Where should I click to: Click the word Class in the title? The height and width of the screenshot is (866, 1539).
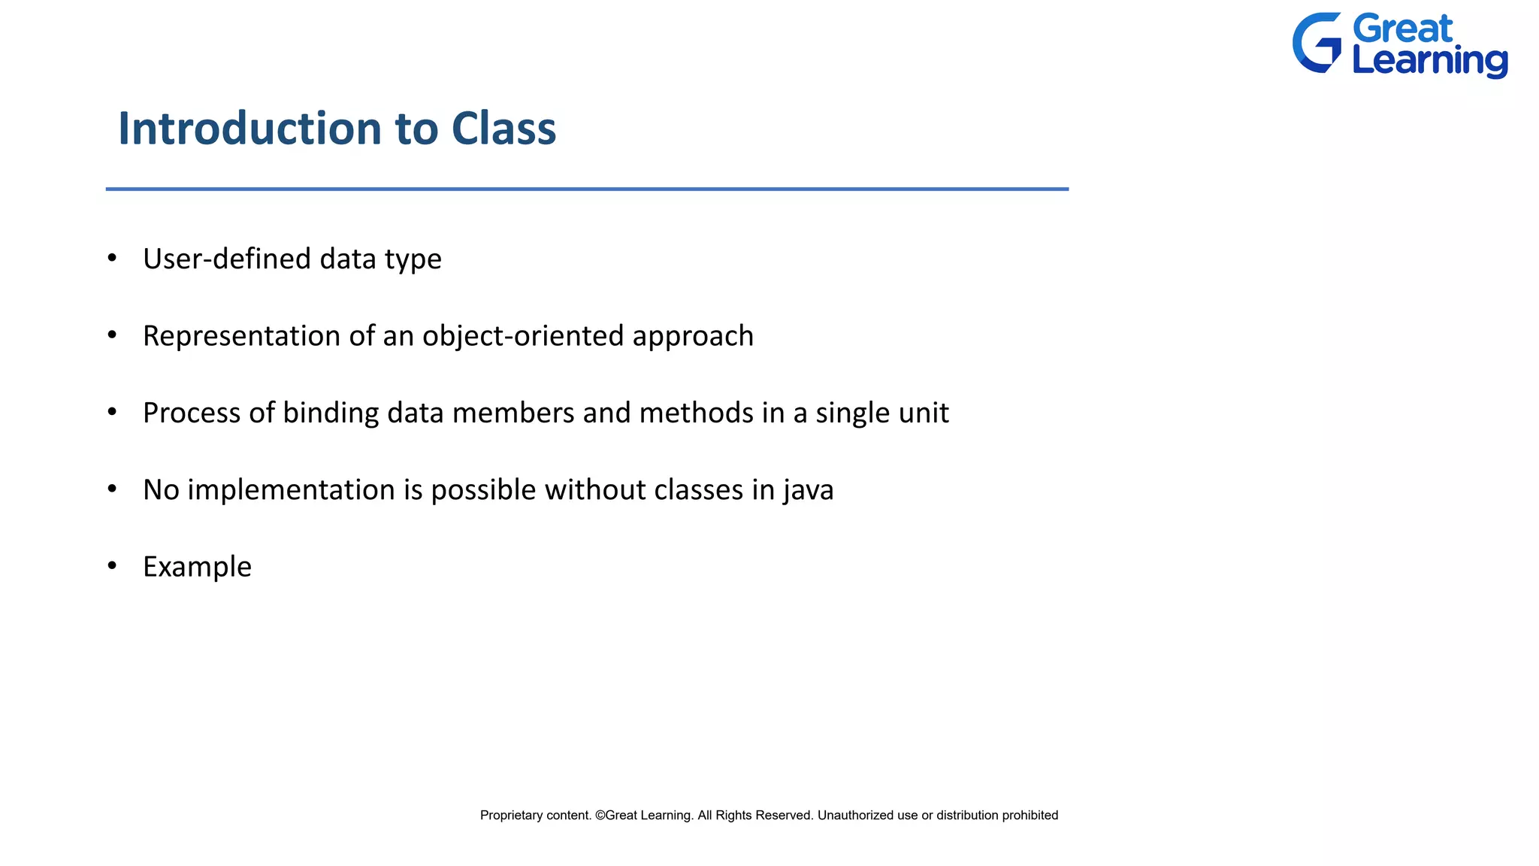pos(503,129)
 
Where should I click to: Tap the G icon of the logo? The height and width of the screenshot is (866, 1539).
pos(1317,43)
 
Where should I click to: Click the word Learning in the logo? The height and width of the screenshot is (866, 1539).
pos(1429,62)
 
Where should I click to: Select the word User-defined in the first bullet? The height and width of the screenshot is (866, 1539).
pos(226,259)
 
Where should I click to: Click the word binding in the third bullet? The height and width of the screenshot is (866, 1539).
pos(331,413)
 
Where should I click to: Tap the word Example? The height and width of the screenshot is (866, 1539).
pos(197,568)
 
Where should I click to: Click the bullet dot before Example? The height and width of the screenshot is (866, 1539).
pos(112,565)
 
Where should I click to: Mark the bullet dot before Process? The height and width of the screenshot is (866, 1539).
pos(112,411)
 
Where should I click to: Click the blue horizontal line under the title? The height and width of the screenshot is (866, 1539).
pos(586,189)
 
